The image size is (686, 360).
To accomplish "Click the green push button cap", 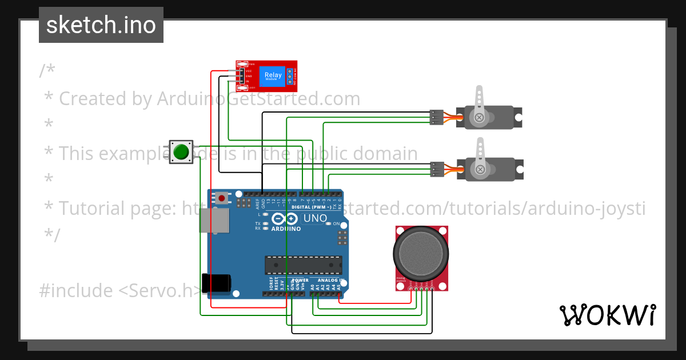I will [181, 151].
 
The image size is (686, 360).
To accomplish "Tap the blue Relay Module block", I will [273, 76].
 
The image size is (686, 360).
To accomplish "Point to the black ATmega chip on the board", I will [303, 265].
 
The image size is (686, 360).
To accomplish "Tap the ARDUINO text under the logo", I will [285, 229].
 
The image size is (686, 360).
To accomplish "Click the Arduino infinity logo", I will [285, 219].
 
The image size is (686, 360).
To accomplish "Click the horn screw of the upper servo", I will [479, 118].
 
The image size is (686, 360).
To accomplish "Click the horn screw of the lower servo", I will [479, 169].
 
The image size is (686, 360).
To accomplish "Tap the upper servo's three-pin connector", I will [436, 117].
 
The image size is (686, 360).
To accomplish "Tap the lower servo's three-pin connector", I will [436, 169].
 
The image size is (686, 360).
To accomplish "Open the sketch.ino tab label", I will [101, 25].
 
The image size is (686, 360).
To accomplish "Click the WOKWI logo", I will [607, 315].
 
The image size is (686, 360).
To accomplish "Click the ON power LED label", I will [336, 223].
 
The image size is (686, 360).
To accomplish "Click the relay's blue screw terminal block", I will [290, 76].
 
